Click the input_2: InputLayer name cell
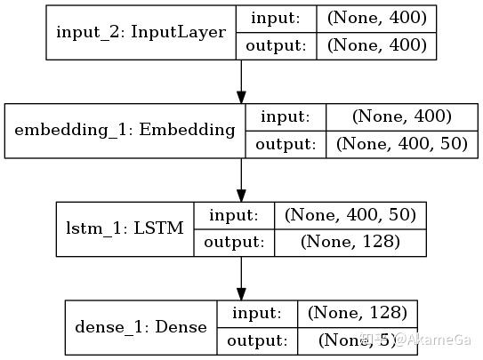click(141, 32)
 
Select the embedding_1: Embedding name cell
click(125, 130)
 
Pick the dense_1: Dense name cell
click(142, 326)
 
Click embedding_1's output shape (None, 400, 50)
click(401, 144)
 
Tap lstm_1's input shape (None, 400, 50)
click(350, 214)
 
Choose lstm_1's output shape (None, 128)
click(350, 242)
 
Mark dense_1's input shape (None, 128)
click(357, 312)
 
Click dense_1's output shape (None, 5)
click(357, 340)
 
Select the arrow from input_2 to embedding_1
click(241, 82)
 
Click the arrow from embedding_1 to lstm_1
click(241, 180)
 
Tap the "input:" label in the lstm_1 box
click(234, 214)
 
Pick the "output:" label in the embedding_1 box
click(286, 144)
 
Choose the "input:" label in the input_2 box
click(275, 17)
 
